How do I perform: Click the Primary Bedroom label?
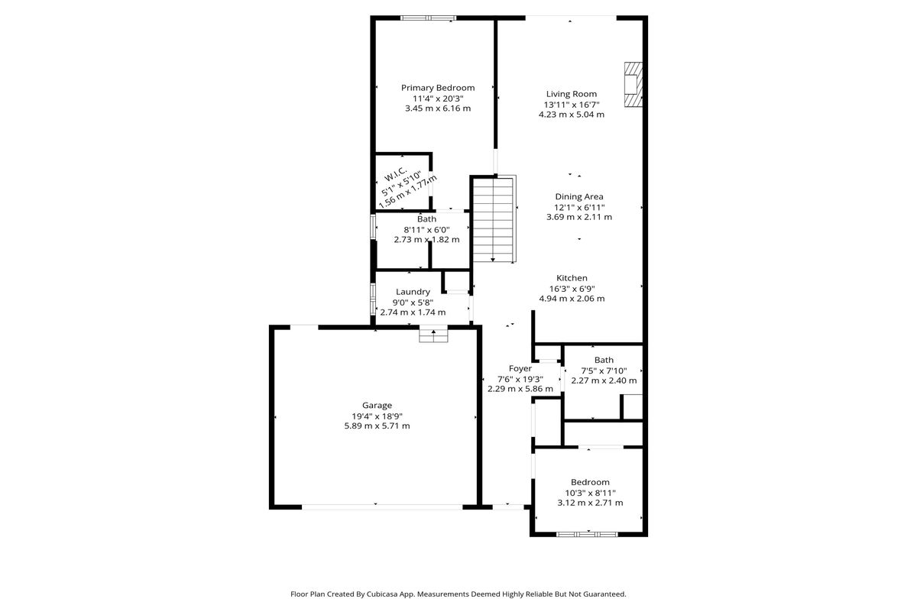[438, 88]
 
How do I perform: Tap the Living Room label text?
[572, 94]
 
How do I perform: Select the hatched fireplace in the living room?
[633, 85]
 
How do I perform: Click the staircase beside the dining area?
[494, 219]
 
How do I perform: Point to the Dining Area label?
[579, 197]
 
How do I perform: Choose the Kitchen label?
[572, 278]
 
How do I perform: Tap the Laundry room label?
[413, 292]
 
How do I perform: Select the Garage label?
[377, 406]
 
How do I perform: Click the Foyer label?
[520, 369]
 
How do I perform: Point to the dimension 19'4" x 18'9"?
[377, 416]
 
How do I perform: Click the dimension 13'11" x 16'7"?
[572, 105]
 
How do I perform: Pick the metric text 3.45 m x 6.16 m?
[438, 108]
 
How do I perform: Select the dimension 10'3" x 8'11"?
[590, 493]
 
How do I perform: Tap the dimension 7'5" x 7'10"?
[604, 371]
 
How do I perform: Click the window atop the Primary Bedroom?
[428, 18]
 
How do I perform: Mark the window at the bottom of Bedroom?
[587, 534]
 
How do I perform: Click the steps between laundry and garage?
[433, 335]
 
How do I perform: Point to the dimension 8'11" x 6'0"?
[426, 230]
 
